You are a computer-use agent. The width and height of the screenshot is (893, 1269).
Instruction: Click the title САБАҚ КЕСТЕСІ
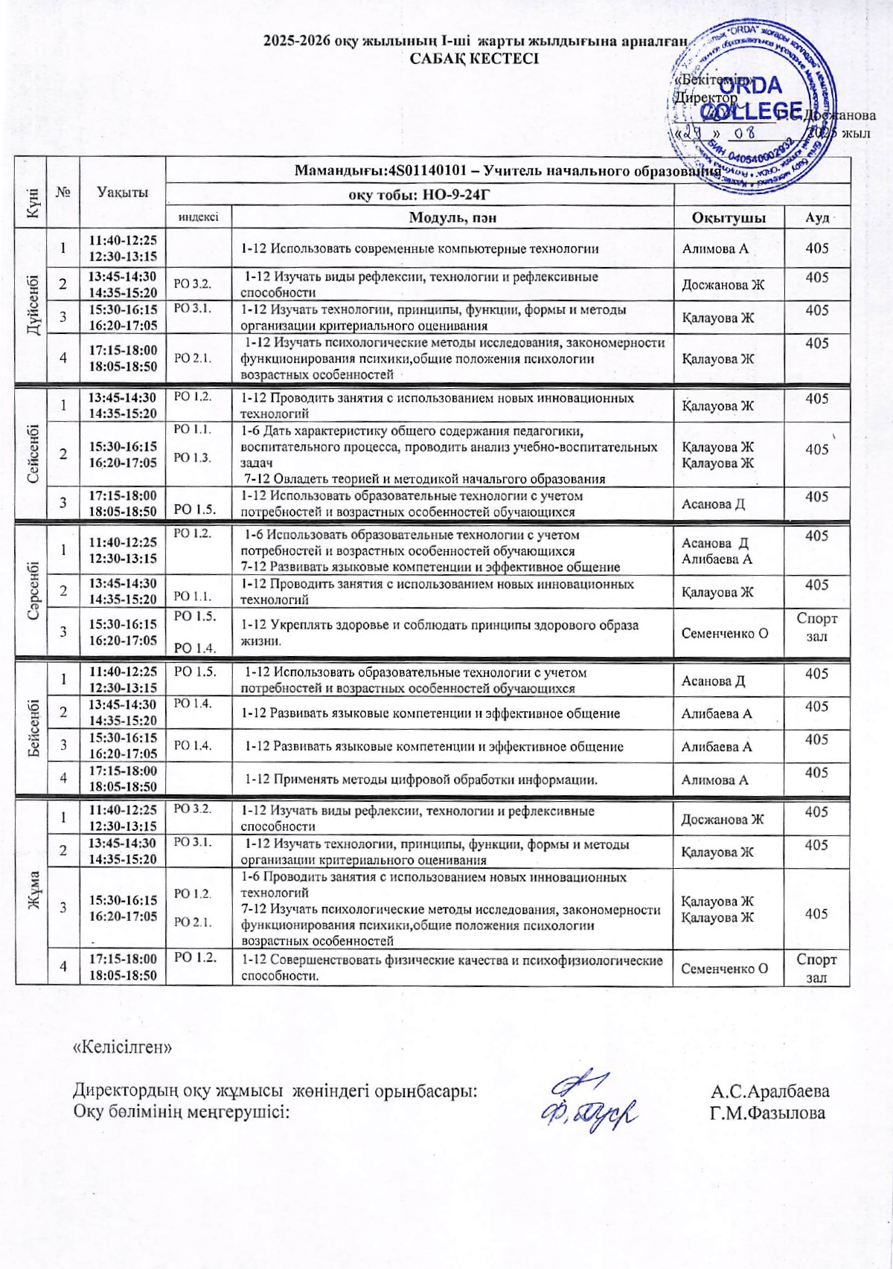(x=474, y=59)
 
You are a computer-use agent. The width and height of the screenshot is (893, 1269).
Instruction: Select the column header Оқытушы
(x=729, y=217)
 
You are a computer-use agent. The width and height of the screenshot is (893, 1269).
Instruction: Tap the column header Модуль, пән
(x=452, y=217)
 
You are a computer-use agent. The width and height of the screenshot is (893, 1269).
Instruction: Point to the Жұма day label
(x=32, y=890)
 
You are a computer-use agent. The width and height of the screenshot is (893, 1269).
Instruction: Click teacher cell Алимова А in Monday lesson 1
(x=715, y=249)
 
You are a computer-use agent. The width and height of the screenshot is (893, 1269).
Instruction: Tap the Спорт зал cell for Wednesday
(x=816, y=627)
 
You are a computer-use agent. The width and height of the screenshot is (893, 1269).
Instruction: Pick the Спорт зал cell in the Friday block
(x=816, y=968)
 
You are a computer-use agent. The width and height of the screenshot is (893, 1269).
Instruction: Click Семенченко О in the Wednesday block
(x=725, y=634)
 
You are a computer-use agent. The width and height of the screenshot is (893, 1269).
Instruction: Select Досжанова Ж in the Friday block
(x=723, y=819)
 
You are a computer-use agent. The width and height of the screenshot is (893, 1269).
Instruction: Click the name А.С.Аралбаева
(x=770, y=1091)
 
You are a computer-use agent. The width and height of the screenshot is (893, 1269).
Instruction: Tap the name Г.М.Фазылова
(x=767, y=1113)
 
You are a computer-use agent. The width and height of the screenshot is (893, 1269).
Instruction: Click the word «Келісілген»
(x=122, y=1047)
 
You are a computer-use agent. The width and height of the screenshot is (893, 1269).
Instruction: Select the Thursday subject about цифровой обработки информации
(x=421, y=780)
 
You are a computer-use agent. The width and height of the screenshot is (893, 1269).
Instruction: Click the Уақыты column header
(x=122, y=192)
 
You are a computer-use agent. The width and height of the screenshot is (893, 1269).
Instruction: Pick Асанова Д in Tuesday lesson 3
(x=713, y=504)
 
